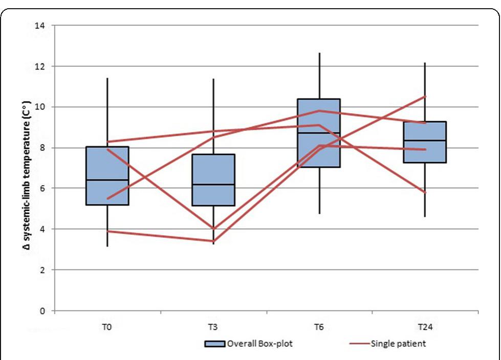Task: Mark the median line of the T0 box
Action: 107,180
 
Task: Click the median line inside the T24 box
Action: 425,140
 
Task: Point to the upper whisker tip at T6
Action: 319,53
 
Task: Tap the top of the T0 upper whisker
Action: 107,78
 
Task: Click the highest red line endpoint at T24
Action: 425,96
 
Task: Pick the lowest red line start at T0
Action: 107,231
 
